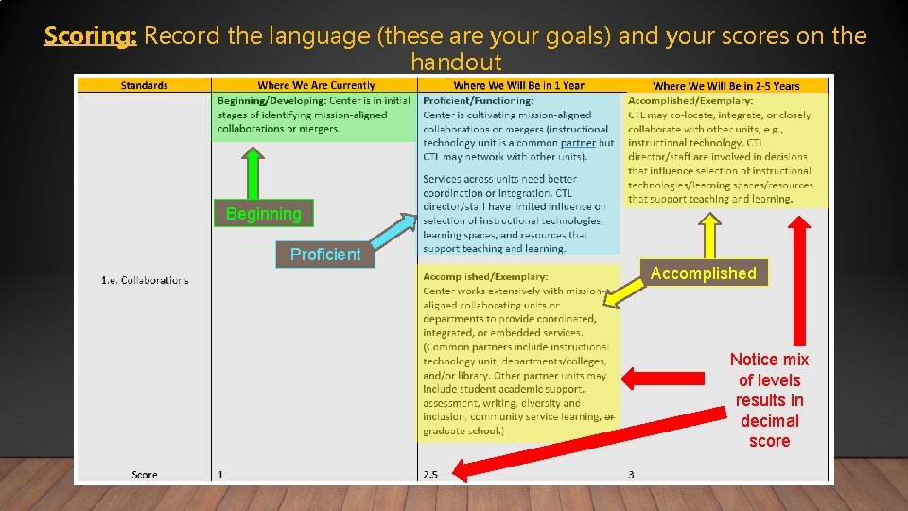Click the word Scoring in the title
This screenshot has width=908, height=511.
coord(91,36)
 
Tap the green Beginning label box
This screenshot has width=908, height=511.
coord(263,213)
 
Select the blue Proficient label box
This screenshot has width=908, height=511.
coord(324,254)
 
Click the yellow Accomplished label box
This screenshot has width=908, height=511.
coord(703,273)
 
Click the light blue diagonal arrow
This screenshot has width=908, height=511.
coord(393,233)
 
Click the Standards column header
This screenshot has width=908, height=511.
coord(144,85)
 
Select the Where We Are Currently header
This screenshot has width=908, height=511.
coord(316,85)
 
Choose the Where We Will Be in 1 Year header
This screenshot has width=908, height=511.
coord(518,85)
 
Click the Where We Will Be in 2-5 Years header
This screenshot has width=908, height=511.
coord(725,86)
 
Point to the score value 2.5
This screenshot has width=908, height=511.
coord(430,475)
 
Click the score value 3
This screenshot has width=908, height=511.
coord(631,475)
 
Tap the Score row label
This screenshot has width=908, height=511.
coord(145,475)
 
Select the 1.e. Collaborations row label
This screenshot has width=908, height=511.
coord(145,280)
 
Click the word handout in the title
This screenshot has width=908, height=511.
coord(455,62)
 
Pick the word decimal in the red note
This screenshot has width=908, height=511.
coord(769,420)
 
